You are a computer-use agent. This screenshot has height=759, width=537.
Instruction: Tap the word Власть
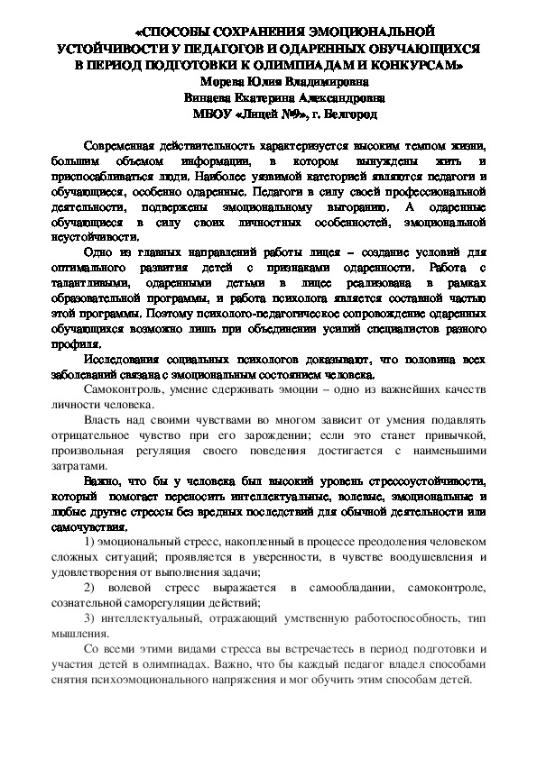pyautogui.click(x=103, y=420)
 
